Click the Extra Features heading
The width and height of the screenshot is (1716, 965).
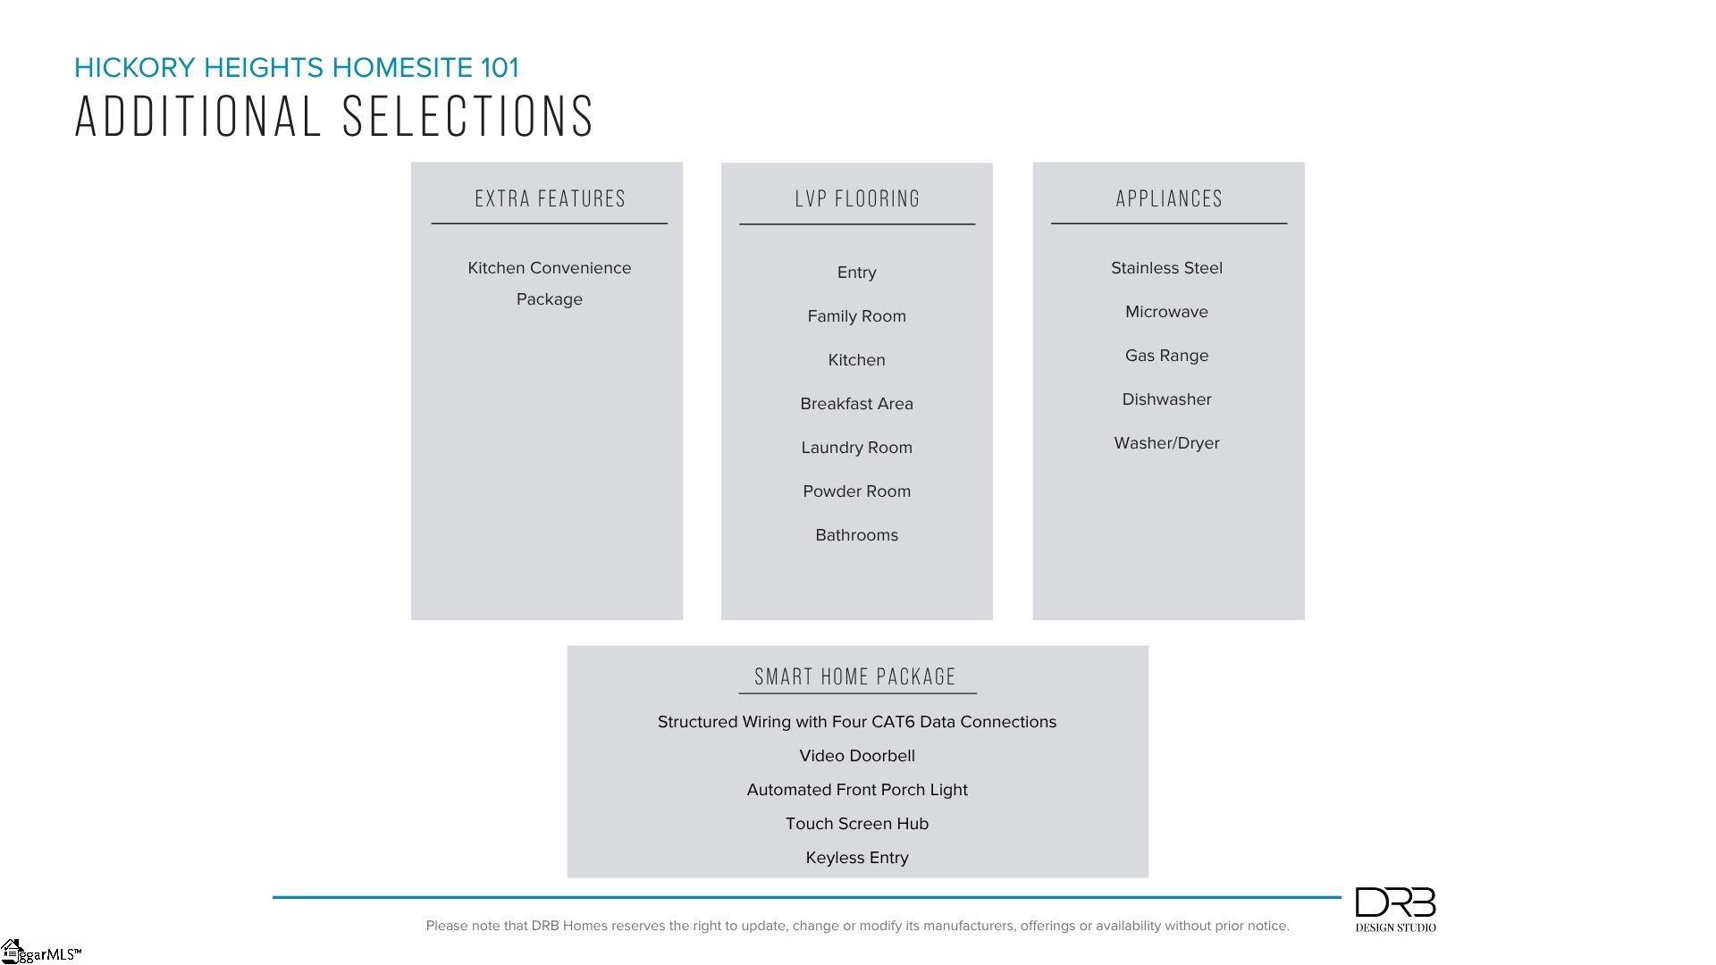click(550, 198)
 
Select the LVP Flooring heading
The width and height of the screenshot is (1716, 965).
click(857, 198)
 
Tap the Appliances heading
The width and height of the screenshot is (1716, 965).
click(1168, 198)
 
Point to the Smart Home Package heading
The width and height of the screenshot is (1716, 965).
click(855, 676)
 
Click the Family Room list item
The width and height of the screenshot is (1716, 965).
click(856, 316)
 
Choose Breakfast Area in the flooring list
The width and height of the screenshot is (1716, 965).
click(856, 404)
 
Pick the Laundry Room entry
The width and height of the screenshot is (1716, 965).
click(856, 448)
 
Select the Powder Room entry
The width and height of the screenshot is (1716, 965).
click(856, 491)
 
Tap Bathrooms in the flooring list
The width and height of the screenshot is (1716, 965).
click(856, 535)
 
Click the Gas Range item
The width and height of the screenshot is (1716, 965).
click(1166, 356)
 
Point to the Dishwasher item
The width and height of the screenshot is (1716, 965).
click(1166, 399)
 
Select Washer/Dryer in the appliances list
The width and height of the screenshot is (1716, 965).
click(1166, 443)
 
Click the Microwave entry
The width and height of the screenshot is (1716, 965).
click(1166, 312)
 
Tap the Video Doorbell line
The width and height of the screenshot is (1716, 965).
click(856, 756)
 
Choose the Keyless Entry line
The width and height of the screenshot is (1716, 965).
click(856, 858)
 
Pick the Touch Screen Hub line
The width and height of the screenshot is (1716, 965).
click(856, 824)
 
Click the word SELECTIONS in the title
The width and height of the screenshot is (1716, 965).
click(468, 116)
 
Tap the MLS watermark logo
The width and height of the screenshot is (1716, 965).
click(40, 952)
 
